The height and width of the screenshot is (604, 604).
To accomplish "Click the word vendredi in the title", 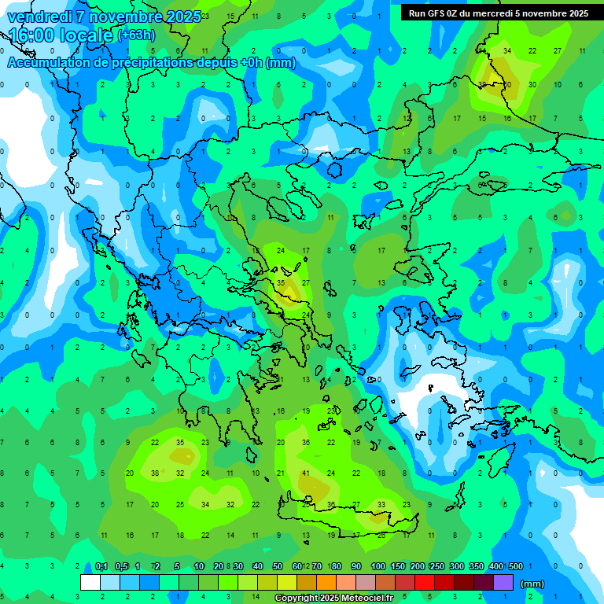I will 39,17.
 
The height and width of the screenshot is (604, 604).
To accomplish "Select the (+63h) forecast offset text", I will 135,35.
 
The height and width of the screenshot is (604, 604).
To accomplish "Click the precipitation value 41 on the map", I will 305,473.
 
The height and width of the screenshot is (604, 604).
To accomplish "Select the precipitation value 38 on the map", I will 155,473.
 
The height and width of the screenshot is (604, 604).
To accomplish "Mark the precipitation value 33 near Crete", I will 381,505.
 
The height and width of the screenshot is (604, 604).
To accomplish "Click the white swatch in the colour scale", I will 90,583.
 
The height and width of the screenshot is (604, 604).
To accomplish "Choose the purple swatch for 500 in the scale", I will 503,583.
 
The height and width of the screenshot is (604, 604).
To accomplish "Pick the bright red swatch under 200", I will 424,583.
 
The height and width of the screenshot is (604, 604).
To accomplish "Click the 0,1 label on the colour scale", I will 101,566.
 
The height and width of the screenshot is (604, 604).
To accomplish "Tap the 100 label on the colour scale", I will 378,566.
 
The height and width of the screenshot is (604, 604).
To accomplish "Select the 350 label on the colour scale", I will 477,566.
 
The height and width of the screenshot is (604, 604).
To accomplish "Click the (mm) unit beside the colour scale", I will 532,584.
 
